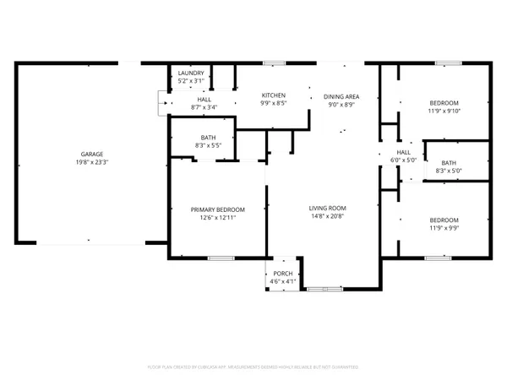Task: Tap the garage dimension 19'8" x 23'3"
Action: (81, 163)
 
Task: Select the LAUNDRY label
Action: (190, 73)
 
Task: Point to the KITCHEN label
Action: (273, 95)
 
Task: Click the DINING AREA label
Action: (341, 97)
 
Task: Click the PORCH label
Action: (282, 274)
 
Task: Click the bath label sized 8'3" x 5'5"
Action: (207, 138)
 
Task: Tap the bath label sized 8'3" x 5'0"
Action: (448, 163)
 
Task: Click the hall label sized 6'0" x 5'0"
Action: (403, 152)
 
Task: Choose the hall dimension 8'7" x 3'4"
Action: (204, 107)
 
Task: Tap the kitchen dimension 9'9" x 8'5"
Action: (273, 104)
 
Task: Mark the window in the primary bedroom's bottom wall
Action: (220, 258)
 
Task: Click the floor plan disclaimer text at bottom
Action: (253, 367)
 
